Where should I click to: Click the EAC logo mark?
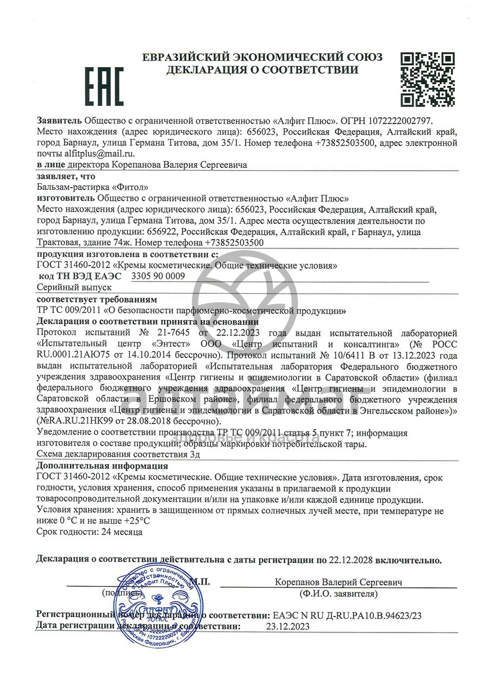tap(103, 86)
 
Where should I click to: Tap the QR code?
tap(427, 79)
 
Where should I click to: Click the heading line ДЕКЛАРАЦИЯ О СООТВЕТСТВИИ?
tap(262, 70)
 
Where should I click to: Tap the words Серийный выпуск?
tap(74, 287)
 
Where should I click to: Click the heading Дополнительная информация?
tap(102, 466)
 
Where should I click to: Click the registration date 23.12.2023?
tap(288, 627)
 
